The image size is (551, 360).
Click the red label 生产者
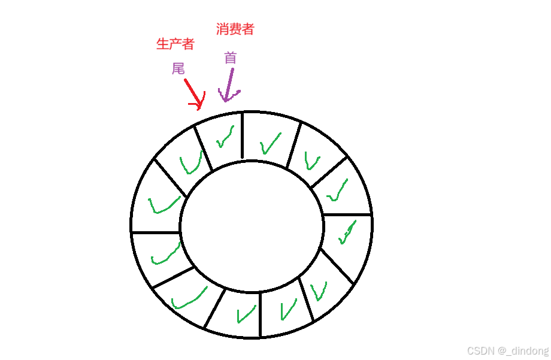pyautogui.click(x=175, y=44)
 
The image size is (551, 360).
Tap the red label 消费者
pyautogui.click(x=235, y=29)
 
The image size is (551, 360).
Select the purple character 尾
pyautogui.click(x=178, y=69)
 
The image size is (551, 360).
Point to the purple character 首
pyautogui.click(x=231, y=58)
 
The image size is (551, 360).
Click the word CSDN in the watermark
pyautogui.click(x=480, y=350)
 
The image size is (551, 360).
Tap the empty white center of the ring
pyautogui.click(x=252, y=225)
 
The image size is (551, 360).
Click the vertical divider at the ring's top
pyautogui.click(x=242, y=135)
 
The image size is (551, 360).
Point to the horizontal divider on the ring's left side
pyautogui.click(x=156, y=231)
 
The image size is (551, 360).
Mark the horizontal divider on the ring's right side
pyautogui.click(x=347, y=214)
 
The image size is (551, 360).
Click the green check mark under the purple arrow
pyautogui.click(x=224, y=137)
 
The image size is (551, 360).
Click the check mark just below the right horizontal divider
pyautogui.click(x=346, y=232)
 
